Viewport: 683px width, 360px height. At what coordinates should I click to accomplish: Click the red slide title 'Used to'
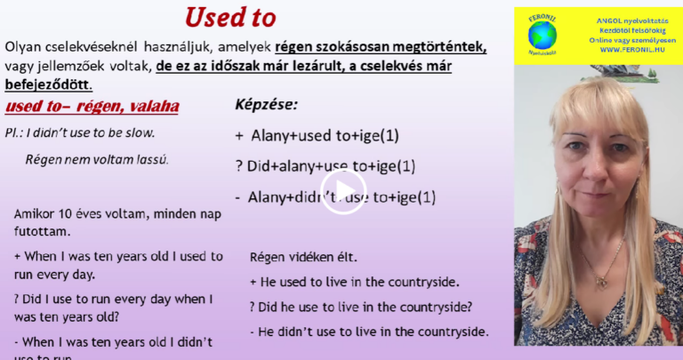229,18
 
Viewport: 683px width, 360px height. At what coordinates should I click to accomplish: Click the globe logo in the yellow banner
542,35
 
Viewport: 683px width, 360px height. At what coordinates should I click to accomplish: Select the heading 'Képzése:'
266,105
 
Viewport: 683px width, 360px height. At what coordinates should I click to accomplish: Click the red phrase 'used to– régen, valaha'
92,108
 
